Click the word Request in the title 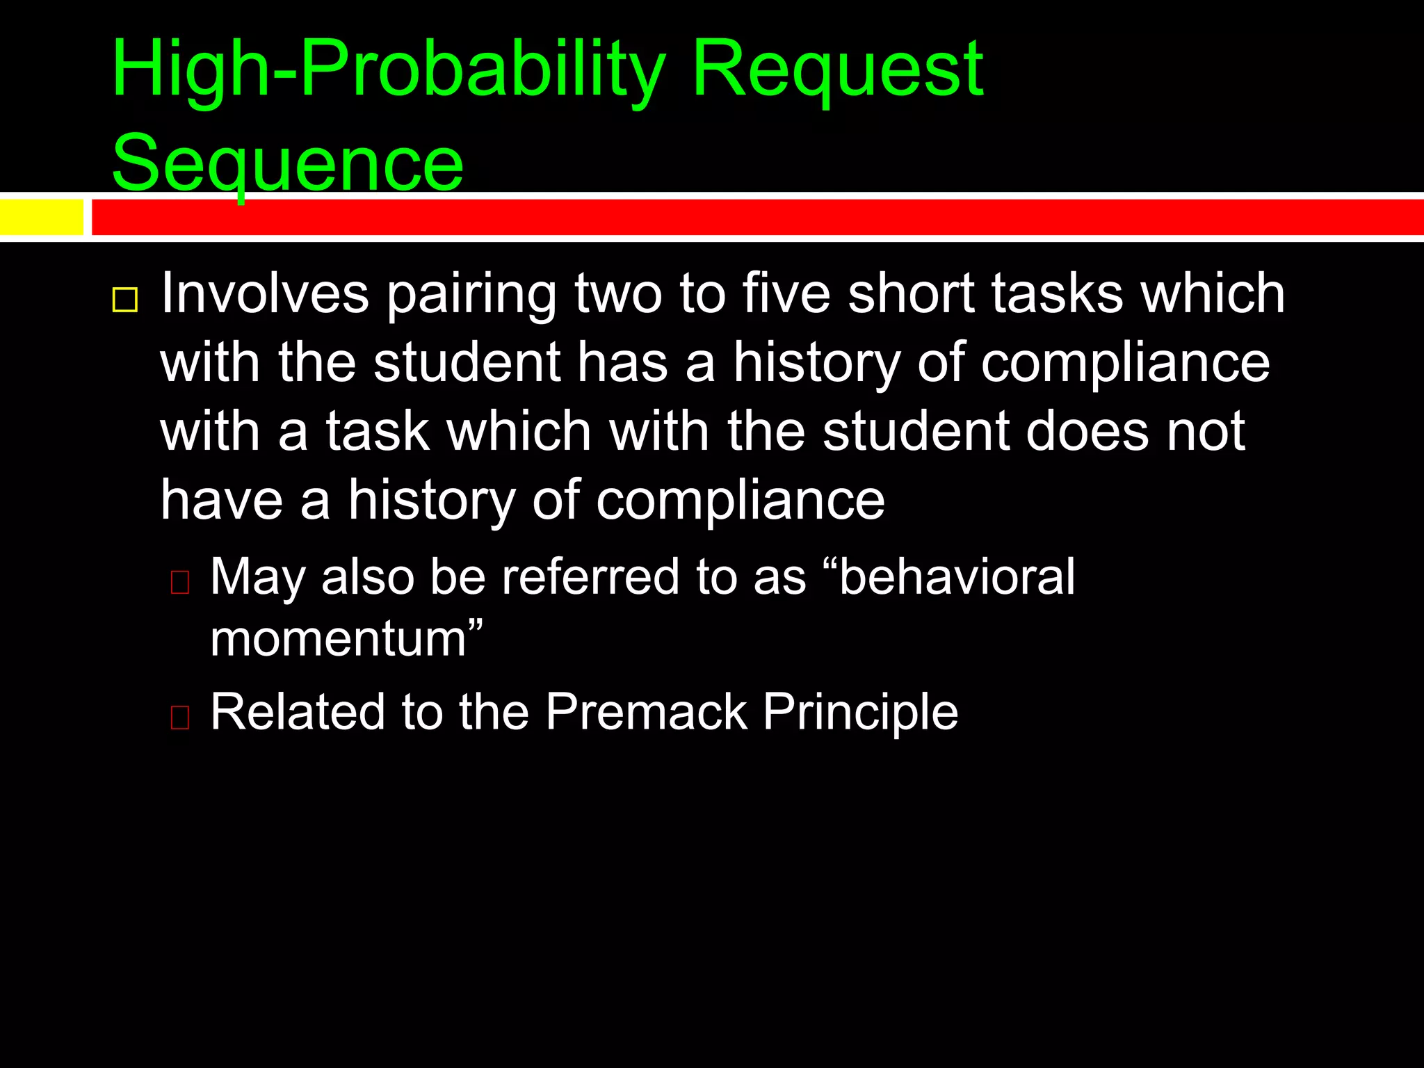[837, 70]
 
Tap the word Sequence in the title [287, 164]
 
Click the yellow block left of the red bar [42, 217]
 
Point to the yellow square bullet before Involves [125, 300]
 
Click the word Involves [264, 294]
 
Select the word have [221, 501]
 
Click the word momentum [338, 640]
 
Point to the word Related [297, 712]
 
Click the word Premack [646, 712]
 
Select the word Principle [860, 713]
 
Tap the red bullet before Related [180, 717]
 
